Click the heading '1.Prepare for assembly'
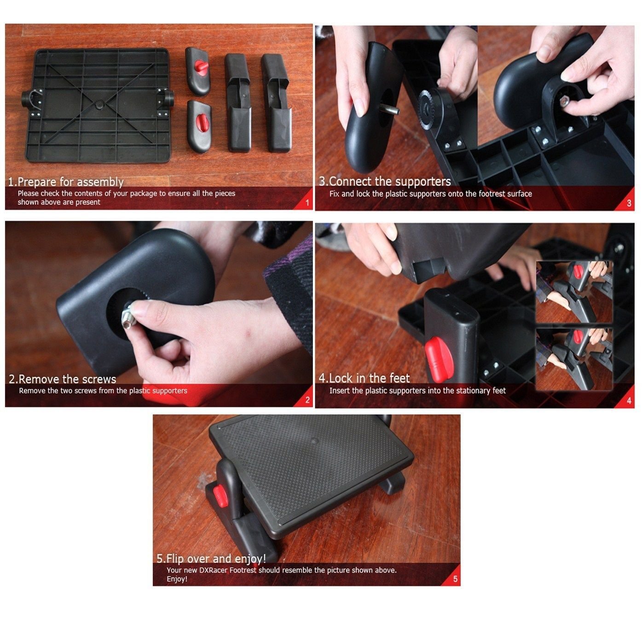click(x=66, y=182)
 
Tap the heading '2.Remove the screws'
click(x=62, y=379)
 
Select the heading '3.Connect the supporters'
click(x=385, y=182)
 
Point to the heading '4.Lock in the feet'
click(x=364, y=378)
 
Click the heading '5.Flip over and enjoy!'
click(x=211, y=558)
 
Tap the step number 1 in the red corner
click(x=307, y=202)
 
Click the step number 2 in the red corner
click(x=307, y=400)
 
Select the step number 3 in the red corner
click(x=629, y=203)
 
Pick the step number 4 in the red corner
click(x=629, y=400)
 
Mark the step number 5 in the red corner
click(x=455, y=579)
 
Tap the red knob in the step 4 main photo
click(x=439, y=359)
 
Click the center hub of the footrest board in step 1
click(x=99, y=105)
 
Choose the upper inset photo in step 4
click(x=574, y=292)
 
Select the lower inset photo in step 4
click(x=574, y=359)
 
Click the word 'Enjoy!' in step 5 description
click(x=177, y=579)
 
